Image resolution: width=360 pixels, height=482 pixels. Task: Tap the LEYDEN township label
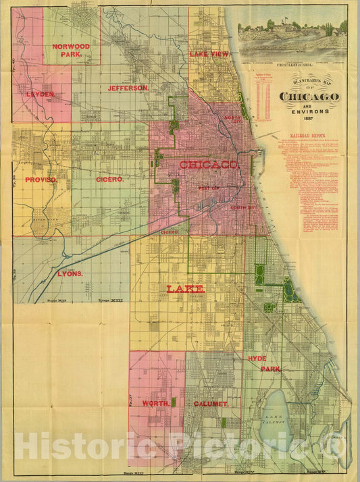coord(41,94)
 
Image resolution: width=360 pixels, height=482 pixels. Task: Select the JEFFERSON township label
coord(128,88)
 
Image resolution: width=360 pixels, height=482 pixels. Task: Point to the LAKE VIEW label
coord(209,53)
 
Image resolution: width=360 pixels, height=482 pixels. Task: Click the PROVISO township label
coord(41,180)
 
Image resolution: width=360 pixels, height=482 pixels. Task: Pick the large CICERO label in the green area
coord(109,180)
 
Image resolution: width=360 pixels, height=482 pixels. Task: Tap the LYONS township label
coord(70,273)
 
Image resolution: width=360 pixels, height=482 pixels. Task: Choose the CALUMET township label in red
coord(211,403)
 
